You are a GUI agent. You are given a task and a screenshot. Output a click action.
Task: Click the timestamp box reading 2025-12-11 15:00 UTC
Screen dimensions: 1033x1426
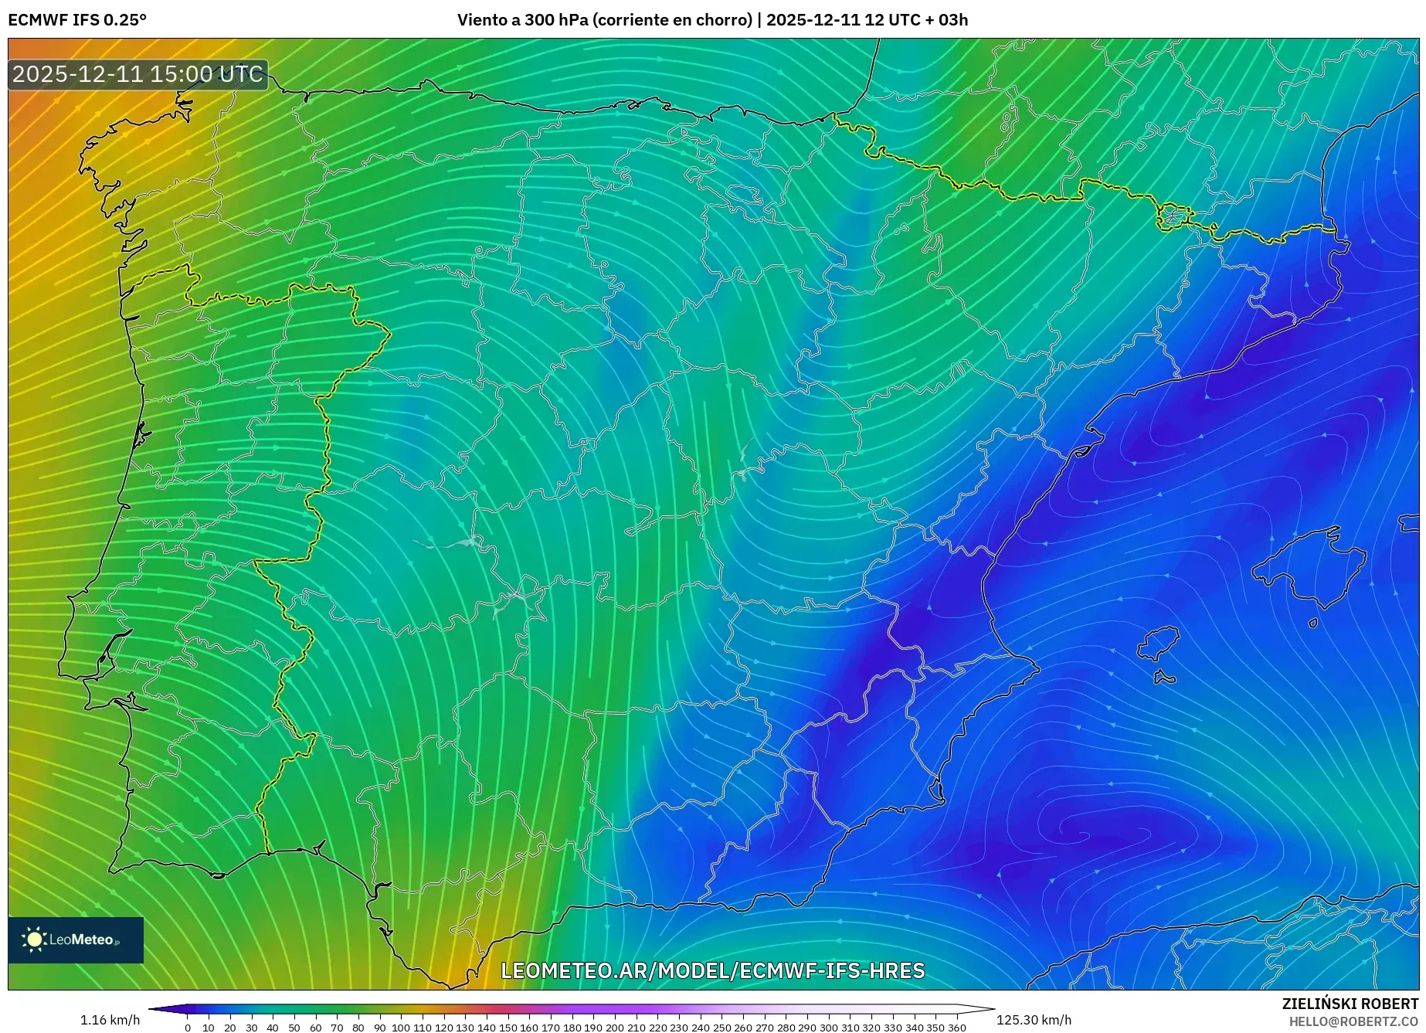tap(138, 74)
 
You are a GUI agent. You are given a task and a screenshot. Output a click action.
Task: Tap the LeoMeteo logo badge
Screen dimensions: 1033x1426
tap(76, 940)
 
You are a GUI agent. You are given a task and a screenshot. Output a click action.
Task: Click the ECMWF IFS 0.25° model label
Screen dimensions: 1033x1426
tap(77, 20)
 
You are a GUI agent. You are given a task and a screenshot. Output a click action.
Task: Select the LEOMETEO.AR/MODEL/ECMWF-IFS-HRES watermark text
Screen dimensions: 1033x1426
tap(712, 970)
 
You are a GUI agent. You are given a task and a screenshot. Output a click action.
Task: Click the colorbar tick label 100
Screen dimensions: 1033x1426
tap(400, 1028)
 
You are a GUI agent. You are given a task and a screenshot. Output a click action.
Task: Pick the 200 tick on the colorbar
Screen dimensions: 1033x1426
tap(615, 1028)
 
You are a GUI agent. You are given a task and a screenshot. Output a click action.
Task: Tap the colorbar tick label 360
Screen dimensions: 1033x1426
tap(957, 1028)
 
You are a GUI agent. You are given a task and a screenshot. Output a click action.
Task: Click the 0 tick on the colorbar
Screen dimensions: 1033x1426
tap(188, 1028)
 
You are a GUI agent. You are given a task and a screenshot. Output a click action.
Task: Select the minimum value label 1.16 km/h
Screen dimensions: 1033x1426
tap(110, 1020)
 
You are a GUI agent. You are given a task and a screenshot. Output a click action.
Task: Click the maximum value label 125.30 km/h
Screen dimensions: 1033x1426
tap(1034, 1020)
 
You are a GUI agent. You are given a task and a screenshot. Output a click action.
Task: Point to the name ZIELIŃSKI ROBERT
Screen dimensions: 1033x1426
tap(1350, 1004)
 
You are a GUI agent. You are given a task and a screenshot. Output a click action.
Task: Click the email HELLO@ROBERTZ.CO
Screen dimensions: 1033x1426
tap(1353, 1021)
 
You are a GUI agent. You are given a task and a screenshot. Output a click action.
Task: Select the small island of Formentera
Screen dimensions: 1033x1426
tap(1165, 678)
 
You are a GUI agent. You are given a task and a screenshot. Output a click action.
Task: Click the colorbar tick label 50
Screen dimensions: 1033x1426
tap(294, 1028)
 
